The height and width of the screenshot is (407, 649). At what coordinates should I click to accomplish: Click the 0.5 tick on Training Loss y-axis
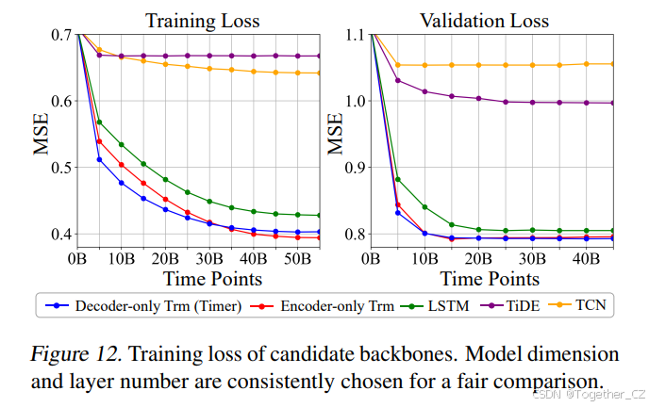59,168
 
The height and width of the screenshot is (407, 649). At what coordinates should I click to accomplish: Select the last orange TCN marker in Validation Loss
613,64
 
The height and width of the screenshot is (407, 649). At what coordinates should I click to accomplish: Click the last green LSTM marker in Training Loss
319,216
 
